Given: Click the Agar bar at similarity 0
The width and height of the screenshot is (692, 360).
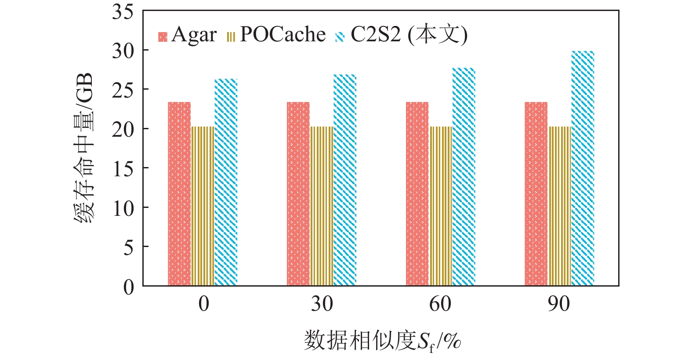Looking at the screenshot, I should pyautogui.click(x=179, y=194).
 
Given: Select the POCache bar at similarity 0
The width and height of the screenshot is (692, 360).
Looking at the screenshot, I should pyautogui.click(x=203, y=206).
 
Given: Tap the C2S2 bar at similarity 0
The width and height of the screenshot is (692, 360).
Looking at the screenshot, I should pyautogui.click(x=226, y=182).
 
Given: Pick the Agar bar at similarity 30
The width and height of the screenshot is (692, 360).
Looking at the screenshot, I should pyautogui.click(x=298, y=194).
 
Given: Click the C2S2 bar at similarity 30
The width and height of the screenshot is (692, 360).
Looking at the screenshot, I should pyautogui.click(x=345, y=180).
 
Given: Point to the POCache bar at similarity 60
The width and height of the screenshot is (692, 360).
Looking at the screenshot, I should pyautogui.click(x=441, y=206).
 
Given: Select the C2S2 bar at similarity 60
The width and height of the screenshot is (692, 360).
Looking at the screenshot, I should pyautogui.click(x=464, y=177).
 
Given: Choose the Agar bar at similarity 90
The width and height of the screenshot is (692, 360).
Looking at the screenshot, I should pyautogui.click(x=536, y=194).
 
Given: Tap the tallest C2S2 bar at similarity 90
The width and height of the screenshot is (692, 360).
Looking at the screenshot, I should pyautogui.click(x=583, y=168).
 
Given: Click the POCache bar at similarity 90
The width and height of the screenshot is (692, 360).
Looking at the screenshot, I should pyautogui.click(x=560, y=206).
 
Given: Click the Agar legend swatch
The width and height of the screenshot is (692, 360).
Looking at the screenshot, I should pyautogui.click(x=163, y=36).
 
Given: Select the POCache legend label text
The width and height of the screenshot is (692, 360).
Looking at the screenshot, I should pyautogui.click(x=283, y=35).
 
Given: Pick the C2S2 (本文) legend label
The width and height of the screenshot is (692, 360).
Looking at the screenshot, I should pyautogui.click(x=409, y=35).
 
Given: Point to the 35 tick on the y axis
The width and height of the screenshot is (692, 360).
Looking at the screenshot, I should pyautogui.click(x=123, y=12).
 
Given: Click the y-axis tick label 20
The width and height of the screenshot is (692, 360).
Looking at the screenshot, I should pyautogui.click(x=123, y=129).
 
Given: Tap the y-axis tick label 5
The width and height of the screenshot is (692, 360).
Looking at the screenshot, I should pyautogui.click(x=128, y=247).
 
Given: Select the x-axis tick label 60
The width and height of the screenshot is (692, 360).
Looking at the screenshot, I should pyautogui.click(x=440, y=304).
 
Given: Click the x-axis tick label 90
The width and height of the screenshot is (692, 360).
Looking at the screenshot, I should pyautogui.click(x=559, y=304).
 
